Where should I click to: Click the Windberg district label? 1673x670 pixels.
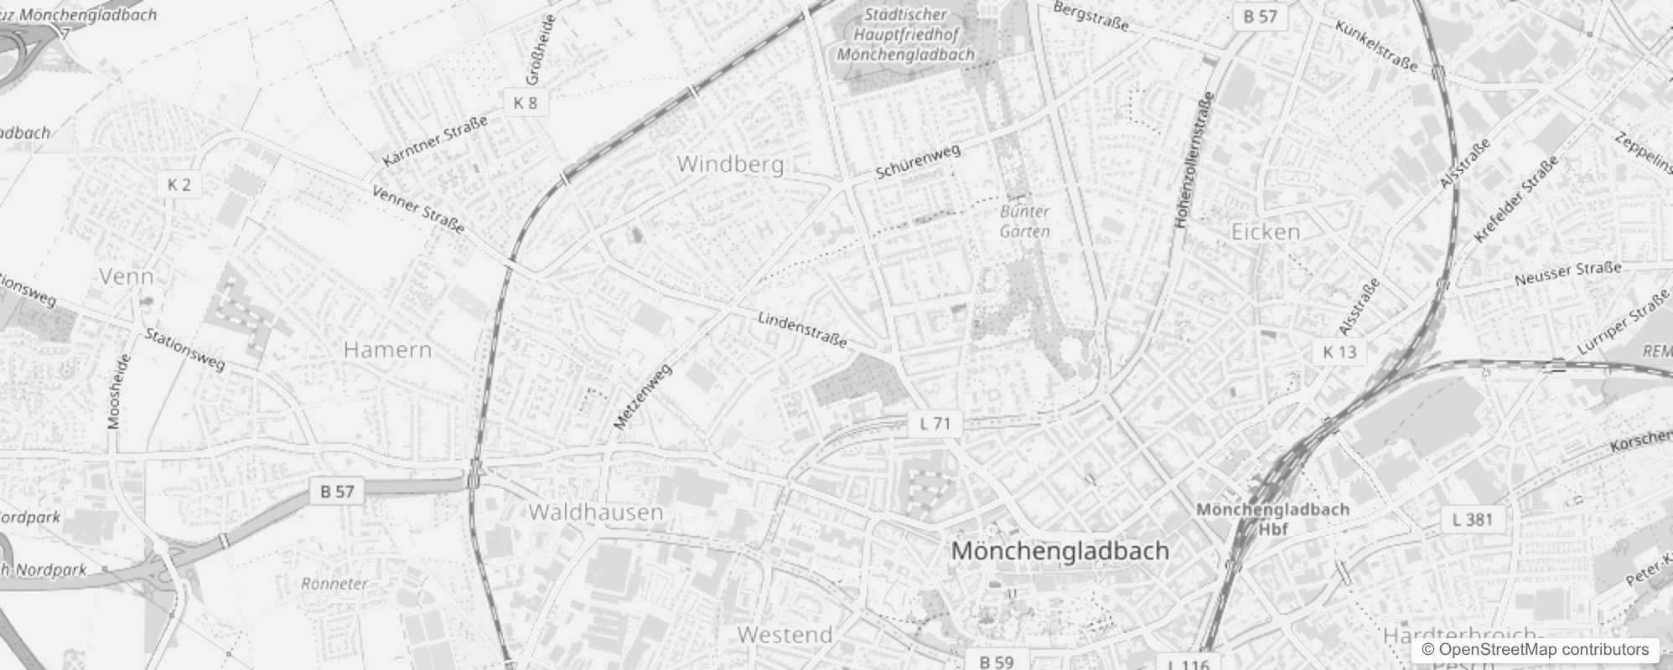730,164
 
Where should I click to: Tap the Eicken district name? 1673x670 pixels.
1266,231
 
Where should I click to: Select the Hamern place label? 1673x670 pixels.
387,349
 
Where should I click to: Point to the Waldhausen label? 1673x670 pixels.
596,512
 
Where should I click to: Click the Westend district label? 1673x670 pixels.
785,635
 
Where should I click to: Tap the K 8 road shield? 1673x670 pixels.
526,103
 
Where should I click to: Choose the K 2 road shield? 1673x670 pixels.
179,185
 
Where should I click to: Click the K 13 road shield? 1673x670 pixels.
1339,352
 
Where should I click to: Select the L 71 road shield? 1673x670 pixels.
935,423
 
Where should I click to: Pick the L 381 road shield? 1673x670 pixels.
1472,519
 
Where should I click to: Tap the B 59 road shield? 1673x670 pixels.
997,661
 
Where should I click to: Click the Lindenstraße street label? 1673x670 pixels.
802,330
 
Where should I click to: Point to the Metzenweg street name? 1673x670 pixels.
643,397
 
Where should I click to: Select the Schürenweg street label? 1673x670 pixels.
918,162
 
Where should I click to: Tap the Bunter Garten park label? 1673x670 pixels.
1024,222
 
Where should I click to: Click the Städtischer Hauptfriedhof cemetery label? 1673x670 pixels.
905,34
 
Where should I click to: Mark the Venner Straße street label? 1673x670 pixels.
417,209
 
